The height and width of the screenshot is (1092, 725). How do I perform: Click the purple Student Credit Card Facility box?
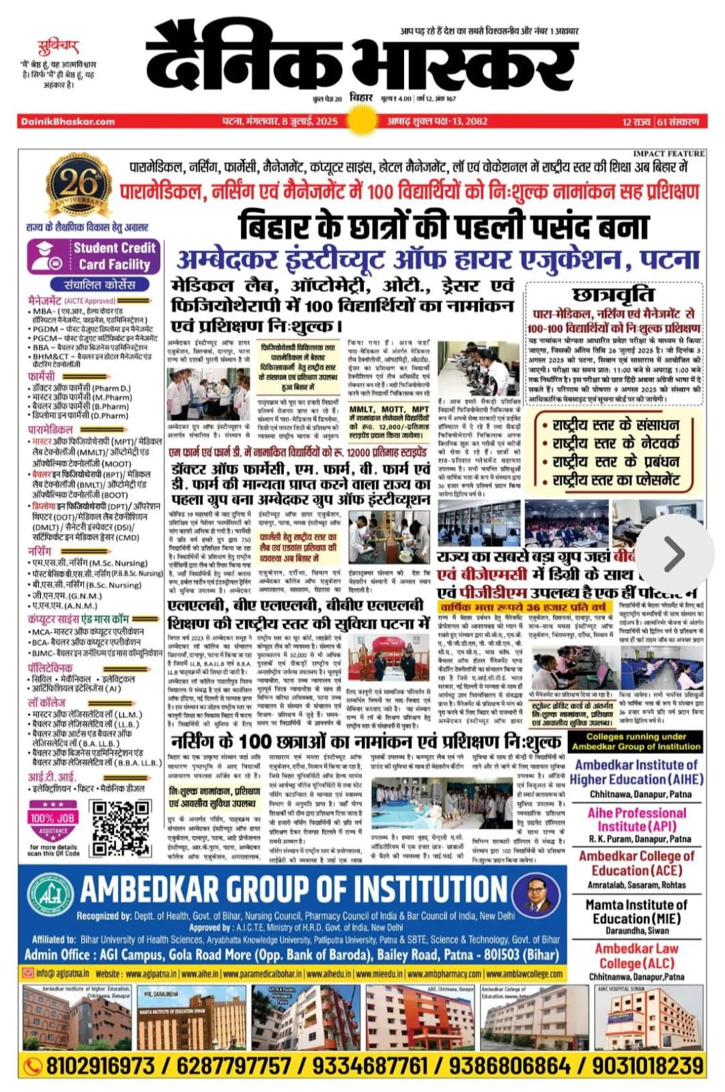pos(94,256)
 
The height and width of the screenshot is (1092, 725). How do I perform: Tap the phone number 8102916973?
pos(100,1065)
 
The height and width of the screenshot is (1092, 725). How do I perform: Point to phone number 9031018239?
pos(646,1065)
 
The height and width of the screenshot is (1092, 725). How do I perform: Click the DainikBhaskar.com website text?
pos(68,121)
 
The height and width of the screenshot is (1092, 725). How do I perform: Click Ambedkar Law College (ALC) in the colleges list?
pos(636,955)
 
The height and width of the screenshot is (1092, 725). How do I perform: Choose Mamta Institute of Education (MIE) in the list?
pos(636,912)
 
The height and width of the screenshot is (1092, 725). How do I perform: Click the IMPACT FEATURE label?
pos(668,154)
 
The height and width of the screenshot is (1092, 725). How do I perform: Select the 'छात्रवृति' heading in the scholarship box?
pos(613,294)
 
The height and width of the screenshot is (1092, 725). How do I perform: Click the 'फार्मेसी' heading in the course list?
pos(42,376)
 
